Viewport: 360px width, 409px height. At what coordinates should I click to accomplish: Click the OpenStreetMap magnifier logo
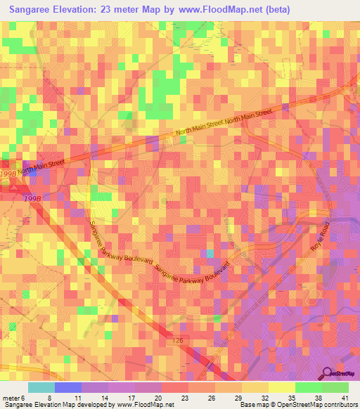[327, 374]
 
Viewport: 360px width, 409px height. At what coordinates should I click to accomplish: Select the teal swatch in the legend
[41, 388]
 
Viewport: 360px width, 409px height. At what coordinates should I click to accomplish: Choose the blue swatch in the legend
[68, 388]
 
